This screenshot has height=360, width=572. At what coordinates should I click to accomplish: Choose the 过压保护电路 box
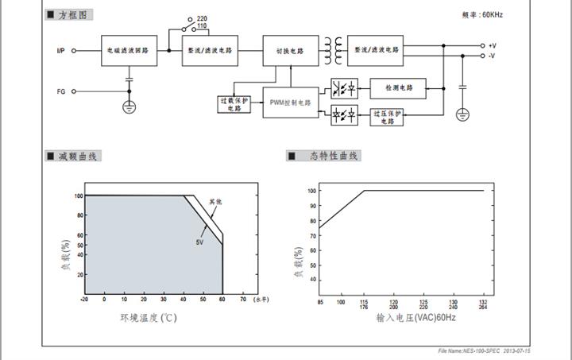point(387,116)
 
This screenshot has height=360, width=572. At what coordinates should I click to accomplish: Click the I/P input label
point(60,50)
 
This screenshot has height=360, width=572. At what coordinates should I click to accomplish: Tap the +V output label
point(493,46)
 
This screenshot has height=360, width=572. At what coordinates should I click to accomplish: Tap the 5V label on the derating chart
point(201,241)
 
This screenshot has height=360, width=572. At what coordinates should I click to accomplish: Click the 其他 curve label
point(215,202)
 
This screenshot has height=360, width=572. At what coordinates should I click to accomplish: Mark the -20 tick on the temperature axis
point(84,300)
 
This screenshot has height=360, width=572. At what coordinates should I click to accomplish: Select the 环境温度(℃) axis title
point(148,318)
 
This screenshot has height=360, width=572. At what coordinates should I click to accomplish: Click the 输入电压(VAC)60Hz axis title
point(416,318)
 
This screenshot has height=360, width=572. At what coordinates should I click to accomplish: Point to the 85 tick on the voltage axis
point(319,301)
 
